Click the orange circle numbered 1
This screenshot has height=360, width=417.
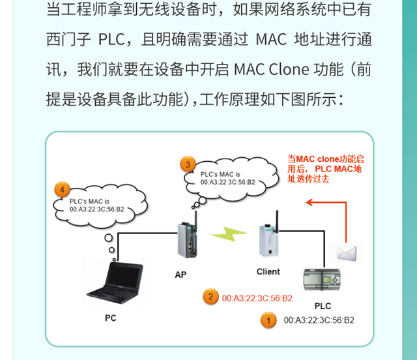pos(267,320)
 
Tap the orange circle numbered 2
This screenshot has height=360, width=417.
pos(210,297)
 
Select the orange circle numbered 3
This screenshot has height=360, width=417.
pos(188,164)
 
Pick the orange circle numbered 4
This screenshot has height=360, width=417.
pos(62,190)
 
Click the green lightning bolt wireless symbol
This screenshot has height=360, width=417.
pos(229,234)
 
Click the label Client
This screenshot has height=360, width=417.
pos(268,271)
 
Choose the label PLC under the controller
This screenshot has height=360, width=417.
pos(323,306)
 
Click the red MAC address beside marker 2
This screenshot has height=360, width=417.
pos(257,298)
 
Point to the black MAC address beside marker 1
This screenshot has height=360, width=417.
pos(319,320)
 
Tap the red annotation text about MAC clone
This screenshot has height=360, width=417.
pos(326,168)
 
